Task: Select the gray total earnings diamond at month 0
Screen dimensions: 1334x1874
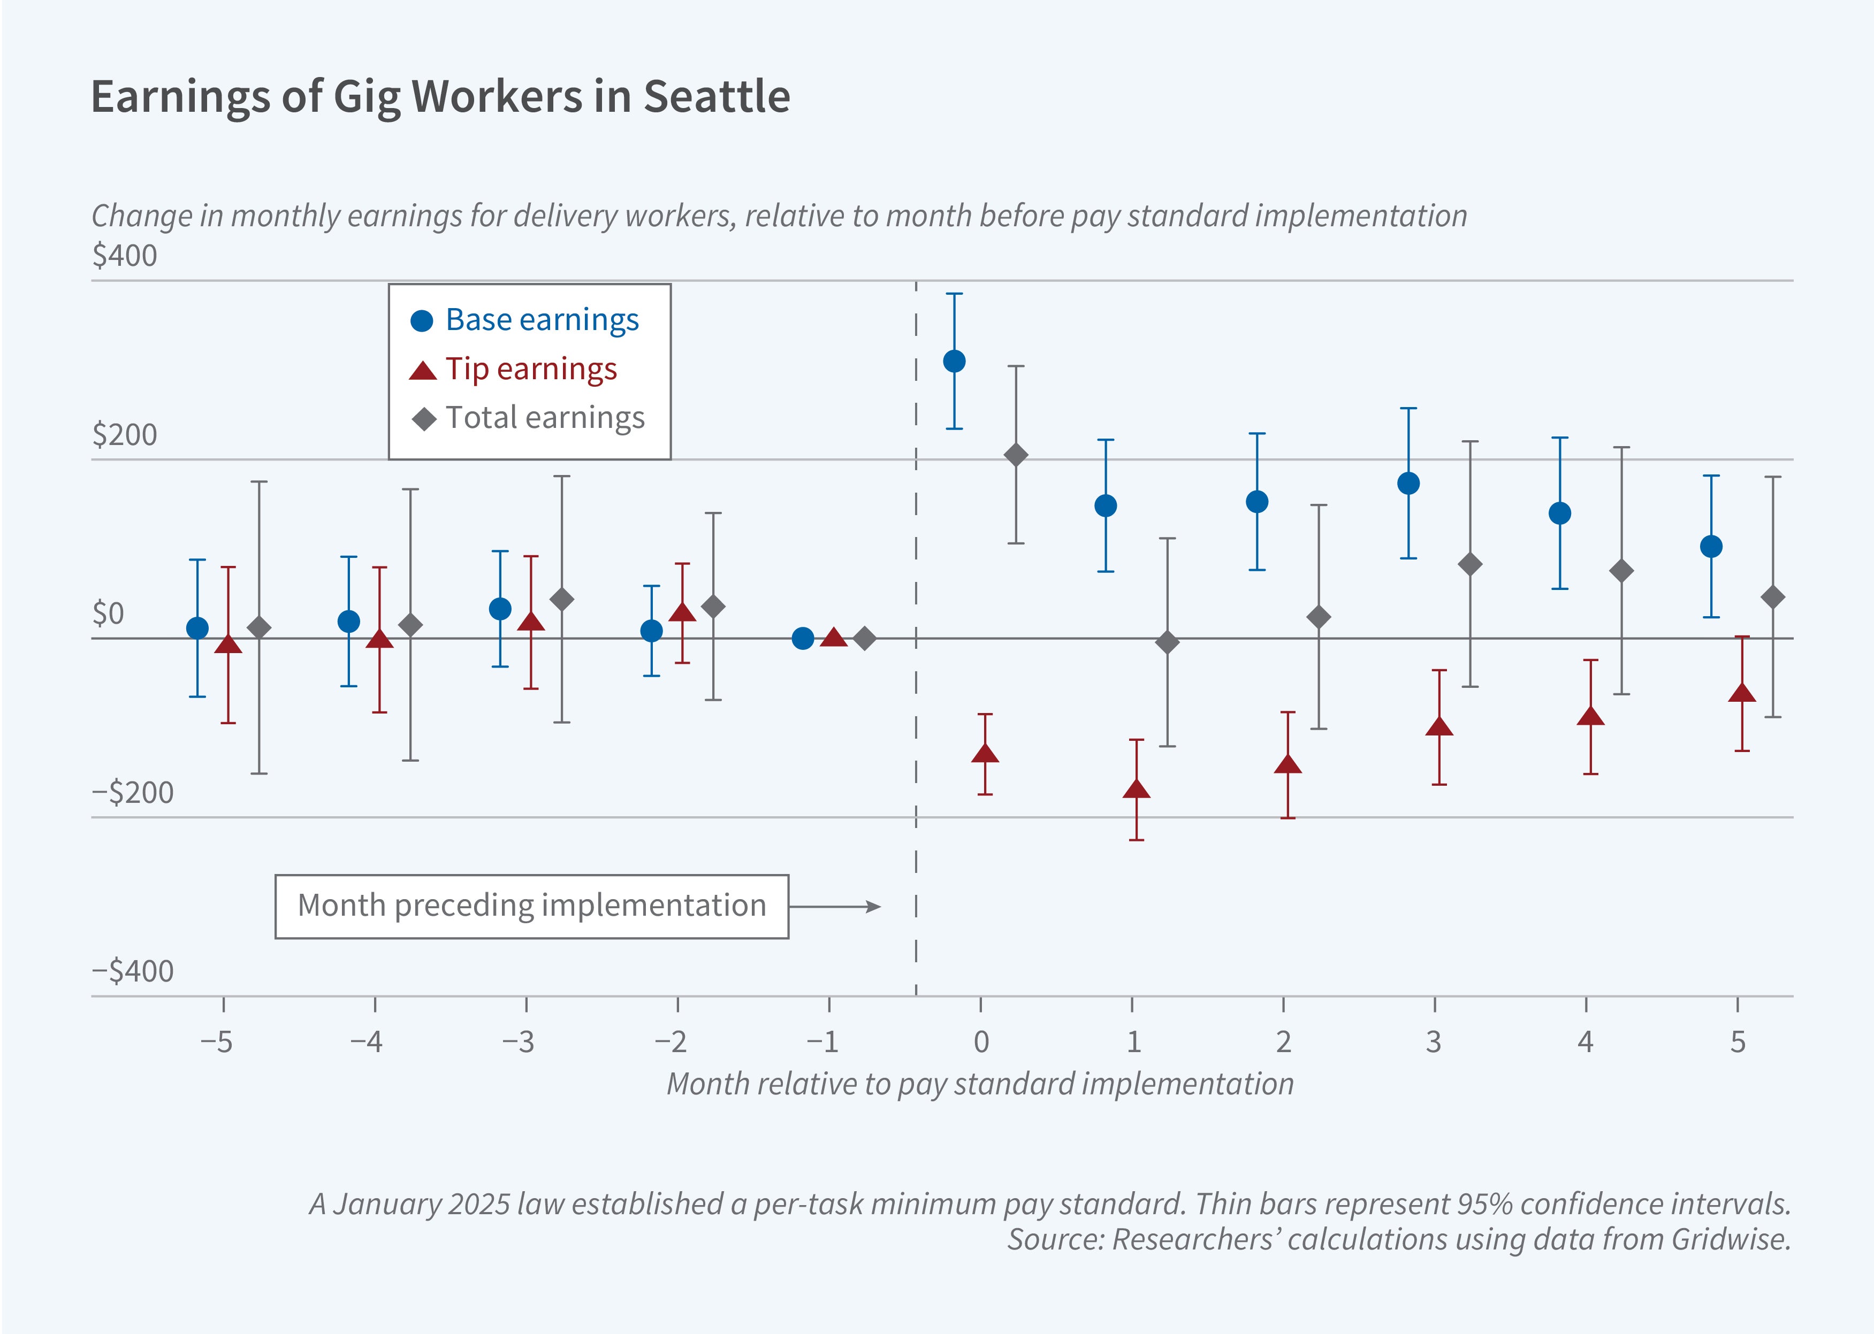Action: coord(1016,455)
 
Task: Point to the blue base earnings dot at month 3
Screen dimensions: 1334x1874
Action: coord(1408,483)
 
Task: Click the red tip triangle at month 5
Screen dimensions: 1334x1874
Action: coord(1742,693)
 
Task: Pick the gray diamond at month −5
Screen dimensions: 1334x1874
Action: coord(259,627)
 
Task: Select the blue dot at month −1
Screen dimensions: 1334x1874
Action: coord(803,638)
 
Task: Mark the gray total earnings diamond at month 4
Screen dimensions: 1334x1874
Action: coord(1621,571)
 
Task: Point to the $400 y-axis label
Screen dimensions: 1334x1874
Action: coord(125,256)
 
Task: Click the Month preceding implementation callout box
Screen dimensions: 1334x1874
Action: coord(531,906)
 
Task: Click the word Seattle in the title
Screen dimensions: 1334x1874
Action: coord(717,97)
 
